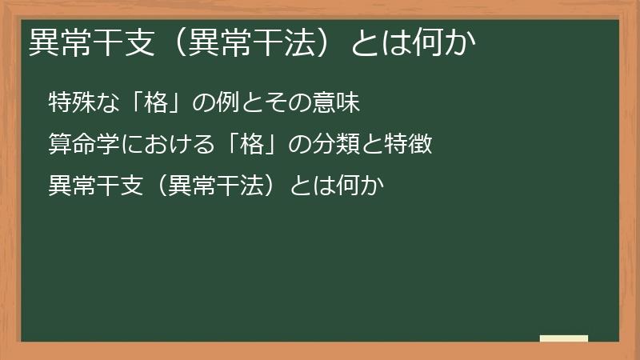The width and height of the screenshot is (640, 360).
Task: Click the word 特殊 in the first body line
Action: [x=68, y=103]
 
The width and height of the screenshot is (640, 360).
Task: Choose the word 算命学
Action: [x=78, y=145]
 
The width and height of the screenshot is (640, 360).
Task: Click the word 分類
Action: [x=337, y=145]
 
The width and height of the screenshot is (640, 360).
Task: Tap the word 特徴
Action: [x=413, y=145]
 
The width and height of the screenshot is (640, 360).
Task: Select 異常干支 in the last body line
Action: [x=88, y=186]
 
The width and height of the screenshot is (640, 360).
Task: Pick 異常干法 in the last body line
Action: [x=222, y=186]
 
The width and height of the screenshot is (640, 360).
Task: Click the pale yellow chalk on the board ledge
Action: [x=564, y=338]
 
